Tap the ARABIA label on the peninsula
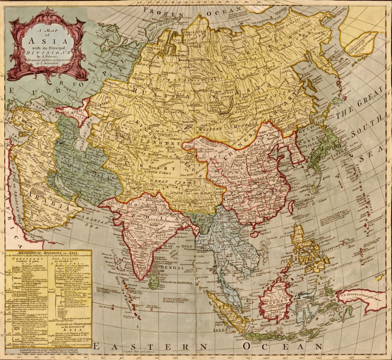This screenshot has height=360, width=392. (x=44, y=203)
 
